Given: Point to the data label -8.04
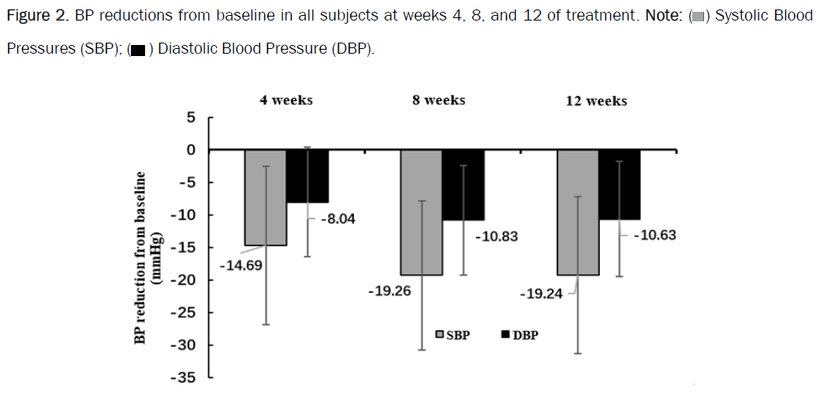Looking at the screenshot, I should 338,219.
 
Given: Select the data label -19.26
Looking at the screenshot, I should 389,291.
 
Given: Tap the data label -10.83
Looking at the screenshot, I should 496,236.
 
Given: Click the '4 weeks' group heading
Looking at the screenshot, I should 286,100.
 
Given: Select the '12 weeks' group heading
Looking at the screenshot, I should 596,101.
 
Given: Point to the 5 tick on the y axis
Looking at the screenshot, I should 189,118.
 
